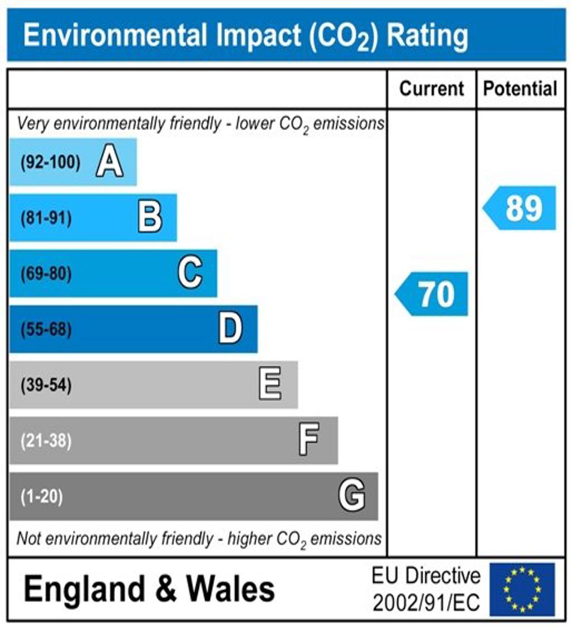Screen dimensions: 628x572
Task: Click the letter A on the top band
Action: coord(109,163)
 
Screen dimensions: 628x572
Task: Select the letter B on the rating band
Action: coord(150,217)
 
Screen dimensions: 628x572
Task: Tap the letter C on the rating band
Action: coord(190,273)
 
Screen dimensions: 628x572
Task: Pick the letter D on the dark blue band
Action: coord(230,329)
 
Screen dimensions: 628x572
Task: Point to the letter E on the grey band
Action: coord(270,385)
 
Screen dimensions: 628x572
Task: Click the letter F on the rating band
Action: coord(309,440)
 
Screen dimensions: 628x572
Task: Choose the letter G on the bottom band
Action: coord(352,496)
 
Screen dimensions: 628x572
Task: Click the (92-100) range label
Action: coord(50,163)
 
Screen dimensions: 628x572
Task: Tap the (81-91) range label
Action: coord(46,218)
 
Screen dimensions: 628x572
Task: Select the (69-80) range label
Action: coord(46,274)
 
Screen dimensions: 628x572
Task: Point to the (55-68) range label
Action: coord(46,330)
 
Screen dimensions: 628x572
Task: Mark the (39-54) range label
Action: coord(46,386)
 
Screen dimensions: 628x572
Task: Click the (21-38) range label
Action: coord(46,441)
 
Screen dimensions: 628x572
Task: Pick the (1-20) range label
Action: coord(41,497)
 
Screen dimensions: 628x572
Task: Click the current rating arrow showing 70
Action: coord(432,294)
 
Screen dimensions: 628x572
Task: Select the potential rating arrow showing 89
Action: coord(520,208)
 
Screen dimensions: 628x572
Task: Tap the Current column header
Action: coord(432,89)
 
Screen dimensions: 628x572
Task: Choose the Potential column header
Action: coord(520,89)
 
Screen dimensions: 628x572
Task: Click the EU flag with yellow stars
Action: coord(522,589)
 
